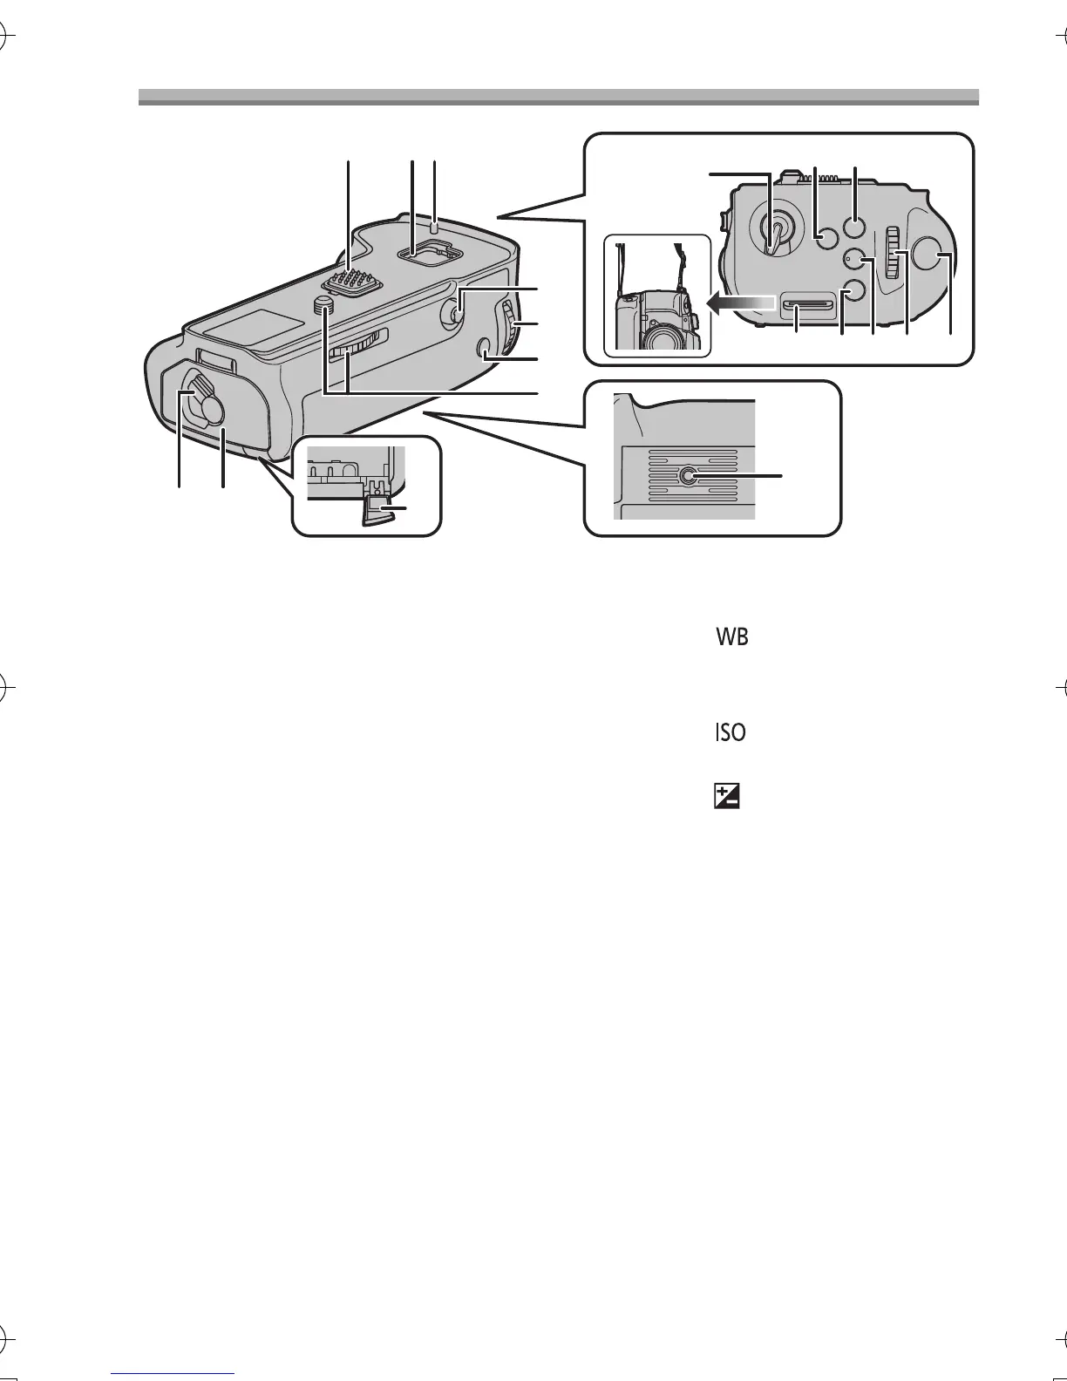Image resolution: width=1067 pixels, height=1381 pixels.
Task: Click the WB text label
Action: (x=732, y=637)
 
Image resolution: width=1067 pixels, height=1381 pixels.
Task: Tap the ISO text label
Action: (x=731, y=732)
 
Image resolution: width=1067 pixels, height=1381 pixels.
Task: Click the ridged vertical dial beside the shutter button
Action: (x=892, y=253)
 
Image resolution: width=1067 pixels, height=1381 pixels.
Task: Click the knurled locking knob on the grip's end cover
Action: (x=207, y=401)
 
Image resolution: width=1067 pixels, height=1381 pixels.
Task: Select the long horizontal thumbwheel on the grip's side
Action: (x=357, y=345)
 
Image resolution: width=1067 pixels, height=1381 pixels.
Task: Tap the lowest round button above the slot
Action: (x=852, y=292)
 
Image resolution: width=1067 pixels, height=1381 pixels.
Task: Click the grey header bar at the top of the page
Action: (x=558, y=97)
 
